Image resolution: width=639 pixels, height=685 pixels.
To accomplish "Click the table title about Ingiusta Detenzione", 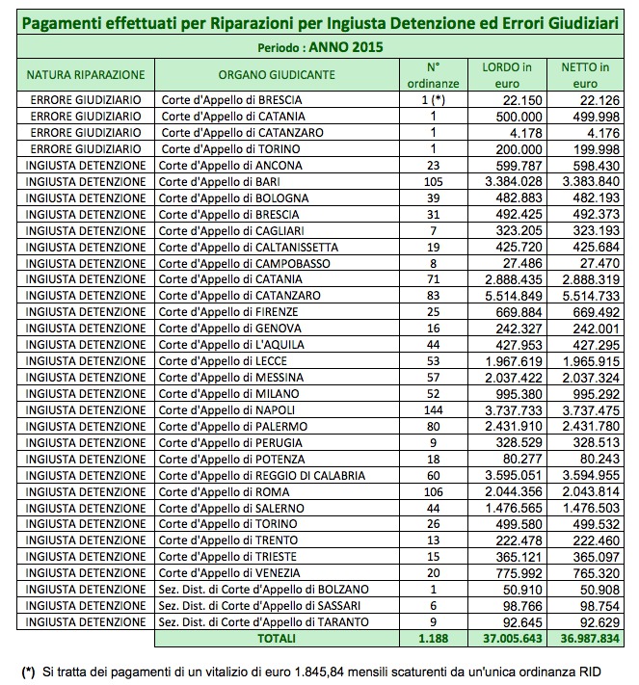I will pyautogui.click(x=319, y=21).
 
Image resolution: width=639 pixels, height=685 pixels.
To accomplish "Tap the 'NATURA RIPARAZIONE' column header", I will pyautogui.click(x=86, y=74).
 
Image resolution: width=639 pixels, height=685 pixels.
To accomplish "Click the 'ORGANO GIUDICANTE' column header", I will pyautogui.click(x=277, y=74).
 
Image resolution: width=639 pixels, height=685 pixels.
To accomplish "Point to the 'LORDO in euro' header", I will pyautogui.click(x=507, y=74).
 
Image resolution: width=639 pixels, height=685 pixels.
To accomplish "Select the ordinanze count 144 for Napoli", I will pyautogui.click(x=433, y=410).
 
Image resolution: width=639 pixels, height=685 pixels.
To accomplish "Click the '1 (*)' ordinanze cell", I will pyautogui.click(x=432, y=99).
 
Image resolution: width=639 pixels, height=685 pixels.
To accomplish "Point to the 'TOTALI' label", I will pyautogui.click(x=276, y=639).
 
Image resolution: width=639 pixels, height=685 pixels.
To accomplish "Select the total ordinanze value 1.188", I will pyautogui.click(x=433, y=639).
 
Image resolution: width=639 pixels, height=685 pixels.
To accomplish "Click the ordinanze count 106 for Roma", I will pyautogui.click(x=433, y=492).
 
